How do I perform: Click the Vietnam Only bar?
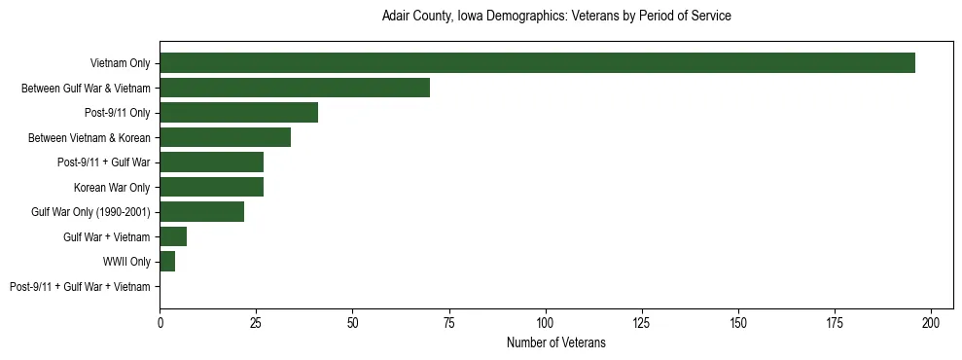537,63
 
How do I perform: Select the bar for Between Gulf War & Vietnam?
295,88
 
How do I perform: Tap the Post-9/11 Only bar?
238,113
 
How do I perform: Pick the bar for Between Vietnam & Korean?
225,137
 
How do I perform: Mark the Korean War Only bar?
211,187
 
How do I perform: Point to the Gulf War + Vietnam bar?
173,236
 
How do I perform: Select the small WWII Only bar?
167,262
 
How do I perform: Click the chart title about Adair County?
555,17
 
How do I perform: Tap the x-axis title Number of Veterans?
555,342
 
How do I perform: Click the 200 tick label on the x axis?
931,322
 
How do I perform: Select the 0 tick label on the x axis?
160,322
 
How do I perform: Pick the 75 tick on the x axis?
448,322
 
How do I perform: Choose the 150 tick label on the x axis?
738,322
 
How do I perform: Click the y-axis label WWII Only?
126,262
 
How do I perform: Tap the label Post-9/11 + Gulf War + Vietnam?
80,287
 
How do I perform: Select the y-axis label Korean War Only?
112,187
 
